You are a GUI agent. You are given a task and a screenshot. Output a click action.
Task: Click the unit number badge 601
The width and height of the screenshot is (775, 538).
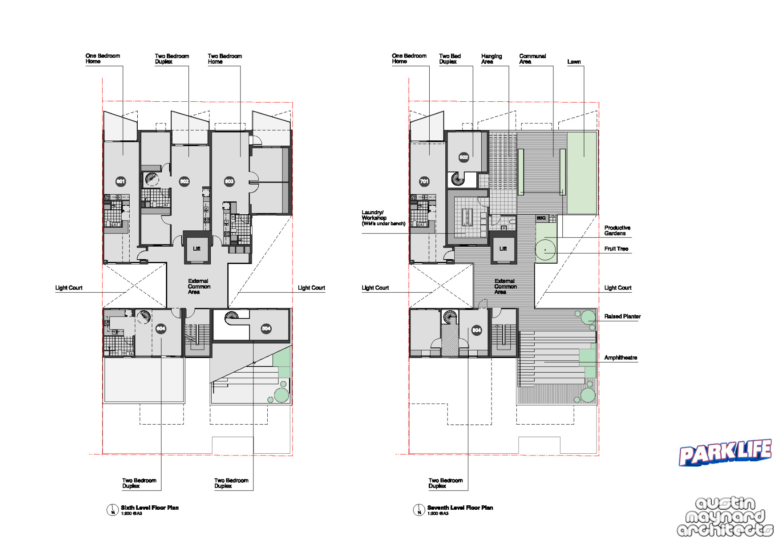121,181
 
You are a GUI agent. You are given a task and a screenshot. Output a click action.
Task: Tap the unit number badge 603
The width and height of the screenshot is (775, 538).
229,181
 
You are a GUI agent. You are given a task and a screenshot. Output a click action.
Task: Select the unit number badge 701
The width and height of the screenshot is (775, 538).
424,181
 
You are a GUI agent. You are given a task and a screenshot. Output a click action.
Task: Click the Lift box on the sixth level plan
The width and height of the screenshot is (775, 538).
196,248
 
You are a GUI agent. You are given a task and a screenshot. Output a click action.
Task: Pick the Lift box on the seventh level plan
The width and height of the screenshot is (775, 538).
503,248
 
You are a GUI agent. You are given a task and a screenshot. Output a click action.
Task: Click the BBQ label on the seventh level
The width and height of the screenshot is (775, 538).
541,218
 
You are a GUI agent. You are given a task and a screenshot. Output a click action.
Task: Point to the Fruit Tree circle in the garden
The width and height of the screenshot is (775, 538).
545,250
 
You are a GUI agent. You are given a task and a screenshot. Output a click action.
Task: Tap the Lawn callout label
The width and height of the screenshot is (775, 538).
574,62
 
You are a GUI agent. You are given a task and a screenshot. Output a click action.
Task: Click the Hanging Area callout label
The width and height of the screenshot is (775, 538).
491,59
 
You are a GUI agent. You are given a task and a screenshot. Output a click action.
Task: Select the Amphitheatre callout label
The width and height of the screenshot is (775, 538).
620,358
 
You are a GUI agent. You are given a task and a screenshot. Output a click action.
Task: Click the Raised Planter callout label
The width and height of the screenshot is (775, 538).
622,317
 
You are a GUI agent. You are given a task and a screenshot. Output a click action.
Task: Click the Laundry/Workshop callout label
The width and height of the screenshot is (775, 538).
383,218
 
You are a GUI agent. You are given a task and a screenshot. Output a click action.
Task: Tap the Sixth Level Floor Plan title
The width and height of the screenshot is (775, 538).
149,508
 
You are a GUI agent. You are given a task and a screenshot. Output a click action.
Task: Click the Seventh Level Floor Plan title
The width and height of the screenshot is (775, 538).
460,508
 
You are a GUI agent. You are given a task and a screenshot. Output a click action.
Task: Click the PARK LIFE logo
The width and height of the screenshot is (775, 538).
725,453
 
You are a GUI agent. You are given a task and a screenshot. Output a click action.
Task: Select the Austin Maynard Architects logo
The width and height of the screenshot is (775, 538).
725,516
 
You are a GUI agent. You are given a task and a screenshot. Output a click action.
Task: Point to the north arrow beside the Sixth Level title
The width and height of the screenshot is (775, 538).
112,510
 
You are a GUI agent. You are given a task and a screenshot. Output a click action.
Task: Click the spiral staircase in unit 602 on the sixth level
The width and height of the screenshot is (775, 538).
152,179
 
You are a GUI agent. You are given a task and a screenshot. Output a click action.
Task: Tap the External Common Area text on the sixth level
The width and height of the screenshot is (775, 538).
199,286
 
